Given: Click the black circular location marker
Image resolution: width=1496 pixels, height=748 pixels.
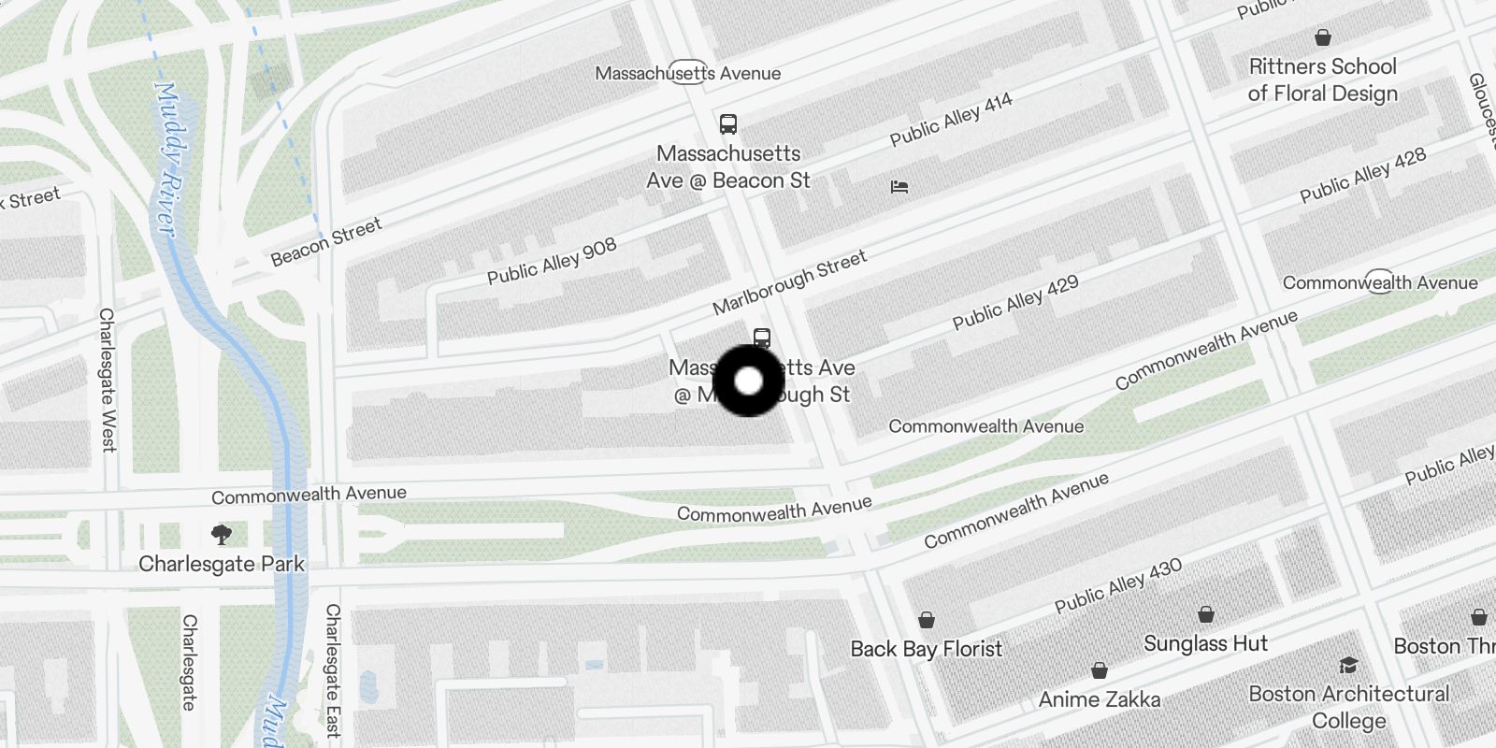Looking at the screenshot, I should pos(748,381).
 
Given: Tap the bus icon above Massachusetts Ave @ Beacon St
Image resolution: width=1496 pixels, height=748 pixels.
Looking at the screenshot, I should pos(727,124).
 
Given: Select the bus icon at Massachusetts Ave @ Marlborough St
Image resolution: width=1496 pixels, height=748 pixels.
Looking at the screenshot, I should pos(762,338).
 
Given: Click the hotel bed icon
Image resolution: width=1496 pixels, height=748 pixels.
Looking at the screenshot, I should pos(899,187).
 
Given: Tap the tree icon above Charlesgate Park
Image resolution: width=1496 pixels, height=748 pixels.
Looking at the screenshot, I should pos(222,535).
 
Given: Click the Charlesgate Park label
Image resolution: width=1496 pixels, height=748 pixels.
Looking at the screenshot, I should pos(222,564).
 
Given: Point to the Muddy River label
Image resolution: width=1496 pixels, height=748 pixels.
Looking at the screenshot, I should pos(165,159).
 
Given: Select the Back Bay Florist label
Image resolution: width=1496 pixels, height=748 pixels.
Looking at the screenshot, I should pos(926,649).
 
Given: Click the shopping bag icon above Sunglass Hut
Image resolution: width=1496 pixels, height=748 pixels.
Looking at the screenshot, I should pos(1206,614).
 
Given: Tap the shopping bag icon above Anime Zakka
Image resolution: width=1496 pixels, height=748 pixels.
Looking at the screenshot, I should pos(1100,670).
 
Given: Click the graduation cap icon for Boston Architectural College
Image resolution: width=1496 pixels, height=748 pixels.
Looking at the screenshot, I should pos(1348,665).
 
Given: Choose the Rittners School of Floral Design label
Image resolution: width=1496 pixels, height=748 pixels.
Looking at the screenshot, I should pos(1322,79).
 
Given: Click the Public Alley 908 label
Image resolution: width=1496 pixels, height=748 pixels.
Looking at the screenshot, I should pos(552,261).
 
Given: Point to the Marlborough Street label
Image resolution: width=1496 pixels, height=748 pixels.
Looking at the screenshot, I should pos(789,281).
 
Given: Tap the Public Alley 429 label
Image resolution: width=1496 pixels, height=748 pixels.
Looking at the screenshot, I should pos(1015,302).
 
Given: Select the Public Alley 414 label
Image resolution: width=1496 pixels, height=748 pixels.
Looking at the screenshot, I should pos(951,120).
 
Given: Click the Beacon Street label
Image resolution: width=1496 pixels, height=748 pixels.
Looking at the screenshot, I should pos(326,242).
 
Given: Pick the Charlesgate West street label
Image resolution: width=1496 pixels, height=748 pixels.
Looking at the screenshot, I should pos(108,380).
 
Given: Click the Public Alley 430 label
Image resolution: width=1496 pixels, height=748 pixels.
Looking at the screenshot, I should pos(1118,585).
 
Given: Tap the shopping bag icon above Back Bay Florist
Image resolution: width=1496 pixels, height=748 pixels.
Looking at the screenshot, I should pos(926,620).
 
